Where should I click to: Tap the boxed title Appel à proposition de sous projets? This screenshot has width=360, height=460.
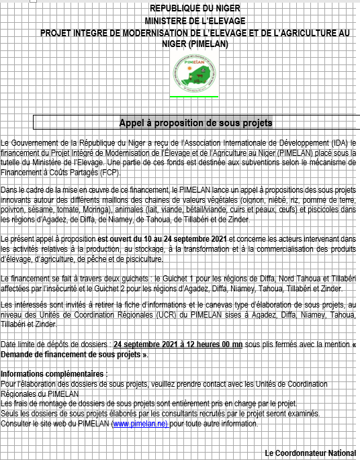(x=195, y=123)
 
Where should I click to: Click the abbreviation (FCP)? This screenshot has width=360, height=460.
(x=109, y=173)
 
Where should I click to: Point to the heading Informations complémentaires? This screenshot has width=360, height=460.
(x=54, y=373)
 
